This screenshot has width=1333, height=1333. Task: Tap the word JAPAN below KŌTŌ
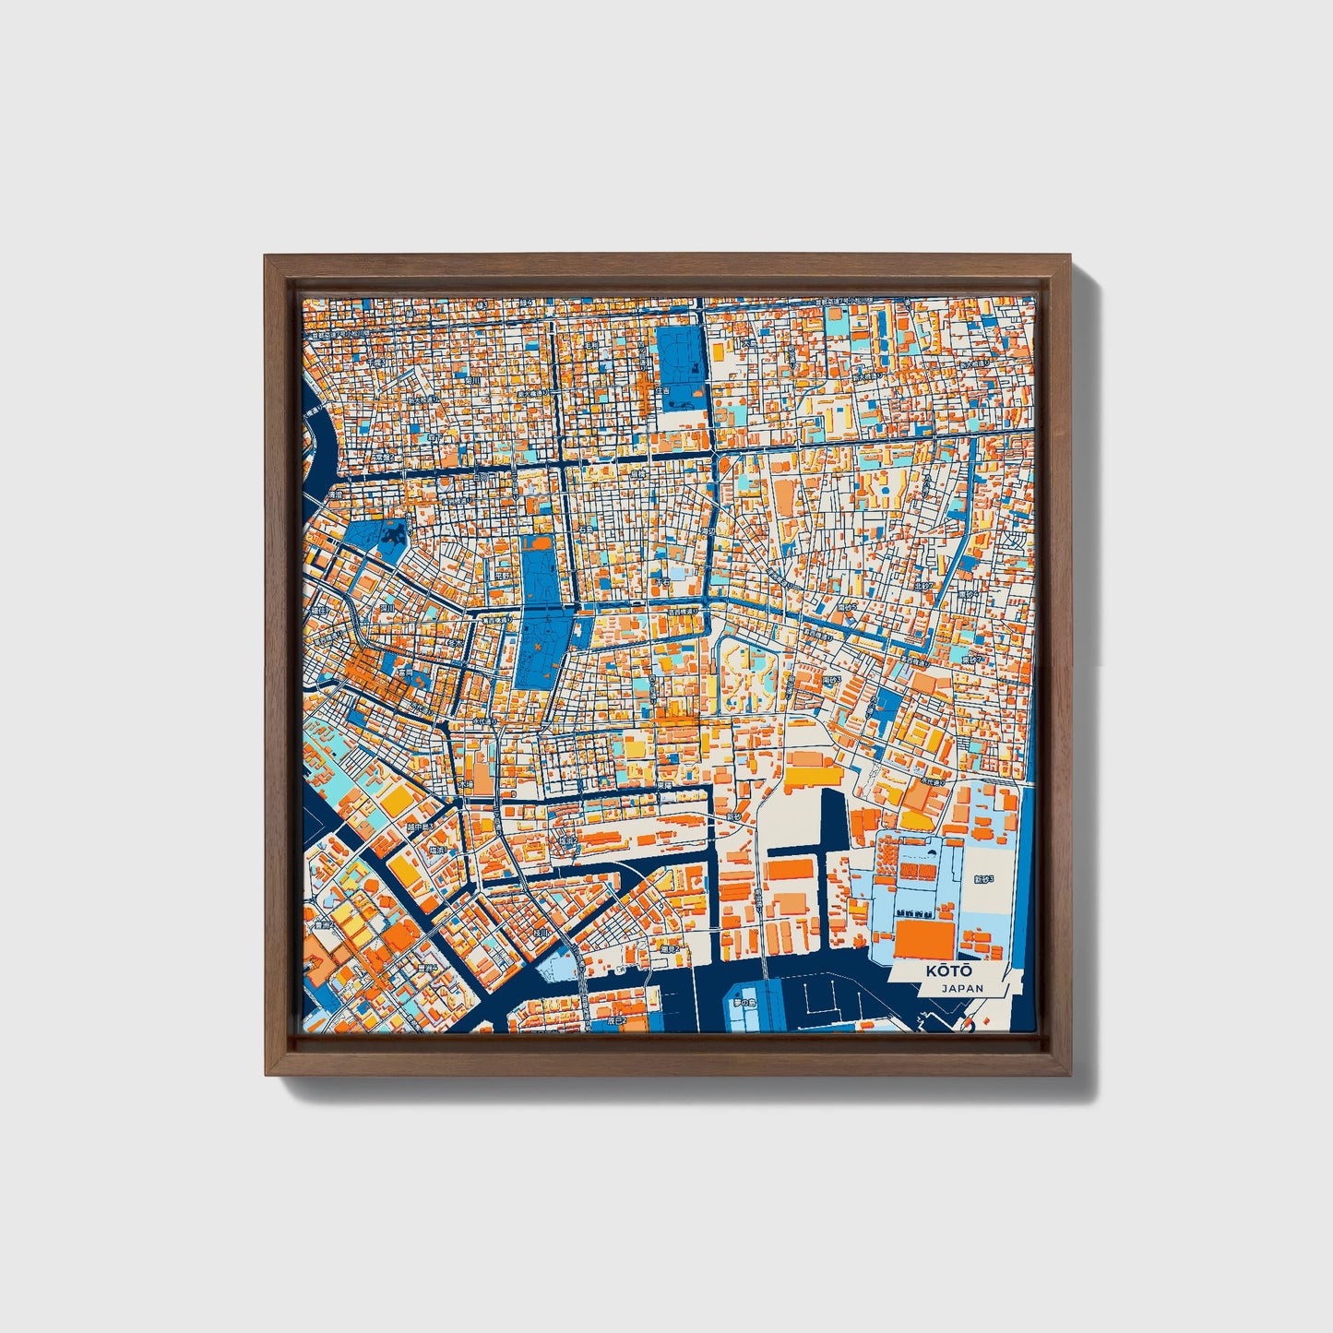click(962, 988)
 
